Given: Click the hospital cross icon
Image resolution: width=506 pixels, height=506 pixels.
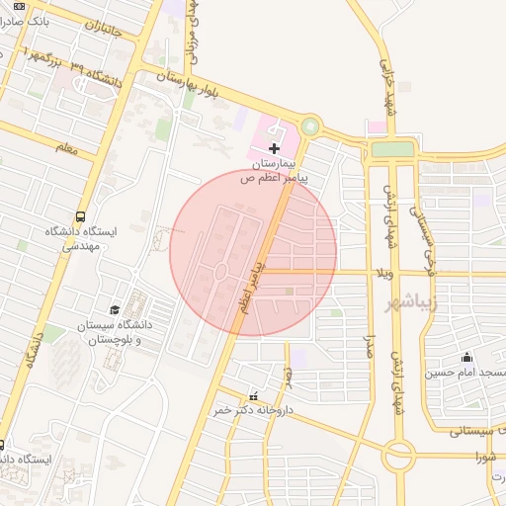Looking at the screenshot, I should tap(274, 147).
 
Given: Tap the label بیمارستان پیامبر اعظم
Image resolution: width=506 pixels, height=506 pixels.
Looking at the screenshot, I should tap(274, 171).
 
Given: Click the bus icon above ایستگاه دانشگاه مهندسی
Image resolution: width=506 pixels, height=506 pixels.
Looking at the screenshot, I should tap(80, 216).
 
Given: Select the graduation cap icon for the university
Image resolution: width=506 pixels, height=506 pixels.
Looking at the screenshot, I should tap(115, 310).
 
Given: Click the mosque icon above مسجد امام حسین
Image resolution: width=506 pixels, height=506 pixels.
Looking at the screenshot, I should tap(466, 358).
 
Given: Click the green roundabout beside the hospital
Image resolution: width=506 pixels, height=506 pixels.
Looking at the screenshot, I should tap(311, 126).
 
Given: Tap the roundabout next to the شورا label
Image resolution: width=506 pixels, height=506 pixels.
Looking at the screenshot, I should tap(399, 456).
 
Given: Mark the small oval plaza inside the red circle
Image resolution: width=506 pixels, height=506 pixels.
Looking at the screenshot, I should tap(220, 270).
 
